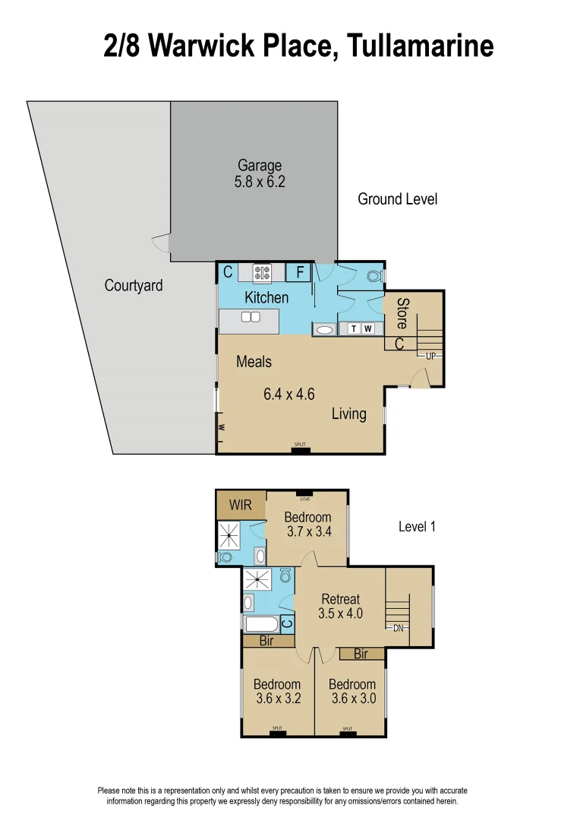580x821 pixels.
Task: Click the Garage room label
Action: [x=260, y=165]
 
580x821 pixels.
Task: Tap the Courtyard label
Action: [x=134, y=286]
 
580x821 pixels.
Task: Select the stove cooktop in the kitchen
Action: [x=262, y=272]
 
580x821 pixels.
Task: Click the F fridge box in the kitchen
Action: [x=299, y=271]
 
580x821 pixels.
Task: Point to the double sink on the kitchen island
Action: [x=251, y=317]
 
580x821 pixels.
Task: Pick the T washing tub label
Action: [x=354, y=329]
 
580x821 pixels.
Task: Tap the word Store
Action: [x=402, y=313]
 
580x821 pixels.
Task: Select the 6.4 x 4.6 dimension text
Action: [x=288, y=394]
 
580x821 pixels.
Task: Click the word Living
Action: [x=348, y=414]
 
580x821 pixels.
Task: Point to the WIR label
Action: [x=240, y=505]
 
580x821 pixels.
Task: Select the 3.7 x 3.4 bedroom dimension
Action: [x=309, y=532]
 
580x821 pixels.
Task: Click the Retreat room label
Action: [x=340, y=599]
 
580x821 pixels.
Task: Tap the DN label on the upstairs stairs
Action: [x=398, y=628]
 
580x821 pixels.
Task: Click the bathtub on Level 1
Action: [x=261, y=624]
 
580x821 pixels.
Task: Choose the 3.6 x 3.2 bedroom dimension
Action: [x=277, y=698]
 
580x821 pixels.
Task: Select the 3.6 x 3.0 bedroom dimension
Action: [x=351, y=698]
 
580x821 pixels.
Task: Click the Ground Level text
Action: [x=397, y=199]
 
